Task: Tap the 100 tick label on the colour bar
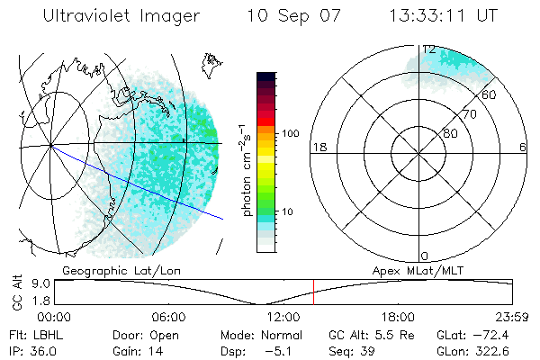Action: (291, 133)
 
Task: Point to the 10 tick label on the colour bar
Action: (288, 212)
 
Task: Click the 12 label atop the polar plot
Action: (429, 49)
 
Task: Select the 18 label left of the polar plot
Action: (318, 147)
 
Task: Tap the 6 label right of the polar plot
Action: (523, 147)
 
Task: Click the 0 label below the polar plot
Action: (425, 256)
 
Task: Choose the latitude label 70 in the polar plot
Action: (468, 115)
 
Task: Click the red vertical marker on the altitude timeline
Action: (313, 292)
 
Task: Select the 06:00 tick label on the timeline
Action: (168, 318)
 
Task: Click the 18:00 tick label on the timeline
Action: (398, 318)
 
